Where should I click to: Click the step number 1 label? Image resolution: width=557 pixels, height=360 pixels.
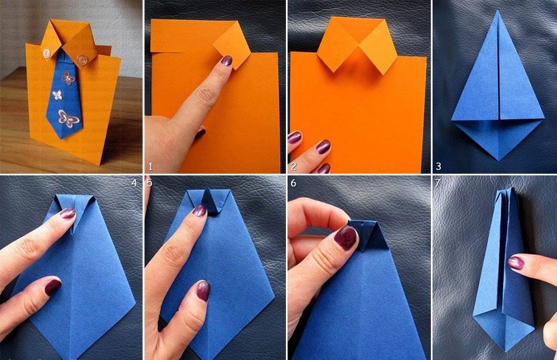tap(151, 166)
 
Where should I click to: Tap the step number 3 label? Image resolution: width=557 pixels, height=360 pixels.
tap(438, 166)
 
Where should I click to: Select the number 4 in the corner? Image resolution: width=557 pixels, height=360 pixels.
tap(134, 183)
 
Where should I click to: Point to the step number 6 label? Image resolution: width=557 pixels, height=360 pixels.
tap(293, 183)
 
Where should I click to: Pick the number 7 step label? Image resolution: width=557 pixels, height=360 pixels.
tap(438, 183)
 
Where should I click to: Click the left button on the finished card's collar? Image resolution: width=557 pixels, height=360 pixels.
tap(46, 53)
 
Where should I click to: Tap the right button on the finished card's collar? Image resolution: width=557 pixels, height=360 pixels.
tap(83, 58)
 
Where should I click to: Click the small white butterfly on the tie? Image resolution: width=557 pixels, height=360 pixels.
tap(57, 95)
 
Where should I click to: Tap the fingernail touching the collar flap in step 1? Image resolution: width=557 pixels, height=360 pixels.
tap(227, 60)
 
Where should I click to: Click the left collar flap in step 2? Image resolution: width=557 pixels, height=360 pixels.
tap(335, 47)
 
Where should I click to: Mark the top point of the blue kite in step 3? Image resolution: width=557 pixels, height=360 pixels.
tap(498, 11)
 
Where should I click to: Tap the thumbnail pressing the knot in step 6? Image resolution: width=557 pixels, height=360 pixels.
tap(345, 237)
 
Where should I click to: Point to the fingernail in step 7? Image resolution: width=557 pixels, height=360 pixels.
tap(516, 263)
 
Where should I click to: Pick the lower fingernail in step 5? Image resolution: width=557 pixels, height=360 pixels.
tap(203, 291)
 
